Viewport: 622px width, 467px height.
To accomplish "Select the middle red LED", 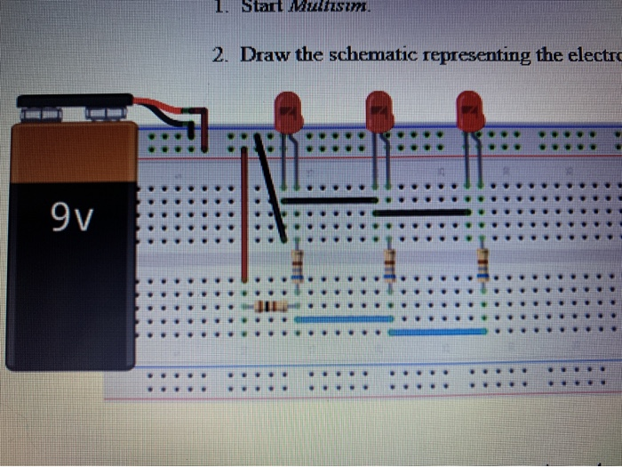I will click(x=379, y=111).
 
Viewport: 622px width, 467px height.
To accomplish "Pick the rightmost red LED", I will click(x=471, y=111).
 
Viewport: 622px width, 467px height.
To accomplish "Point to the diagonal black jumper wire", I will click(x=270, y=187).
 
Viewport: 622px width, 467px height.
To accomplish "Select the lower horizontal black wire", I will click(x=422, y=213).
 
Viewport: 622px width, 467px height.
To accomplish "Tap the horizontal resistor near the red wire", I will click(x=269, y=307).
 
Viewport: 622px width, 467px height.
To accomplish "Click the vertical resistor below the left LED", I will click(x=297, y=264).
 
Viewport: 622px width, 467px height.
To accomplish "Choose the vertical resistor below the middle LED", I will click(x=389, y=264).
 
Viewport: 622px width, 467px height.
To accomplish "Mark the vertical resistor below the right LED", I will click(x=482, y=264).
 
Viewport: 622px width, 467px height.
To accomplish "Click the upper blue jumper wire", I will click(x=344, y=318).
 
